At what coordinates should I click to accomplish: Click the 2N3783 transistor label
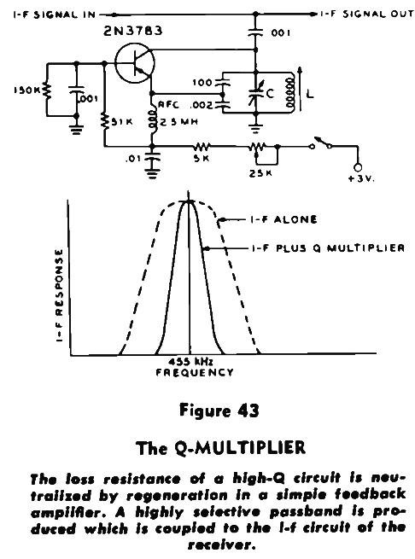[132, 31]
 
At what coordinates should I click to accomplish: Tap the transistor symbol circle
[115, 63]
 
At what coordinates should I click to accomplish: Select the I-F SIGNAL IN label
[55, 15]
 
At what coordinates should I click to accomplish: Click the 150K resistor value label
[27, 90]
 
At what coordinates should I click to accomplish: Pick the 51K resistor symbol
[104, 121]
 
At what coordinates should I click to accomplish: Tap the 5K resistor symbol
[202, 146]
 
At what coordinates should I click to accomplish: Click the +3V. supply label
[360, 178]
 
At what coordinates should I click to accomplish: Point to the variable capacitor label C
[270, 94]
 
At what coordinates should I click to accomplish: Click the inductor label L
[310, 94]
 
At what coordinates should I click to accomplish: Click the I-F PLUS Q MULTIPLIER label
[328, 247]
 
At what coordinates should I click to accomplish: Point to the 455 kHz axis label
[191, 362]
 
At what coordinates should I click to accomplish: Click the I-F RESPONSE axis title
[59, 295]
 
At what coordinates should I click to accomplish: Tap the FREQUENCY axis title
[195, 373]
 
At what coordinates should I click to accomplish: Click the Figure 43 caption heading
[219, 411]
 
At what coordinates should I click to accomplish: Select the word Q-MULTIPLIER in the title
[241, 447]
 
